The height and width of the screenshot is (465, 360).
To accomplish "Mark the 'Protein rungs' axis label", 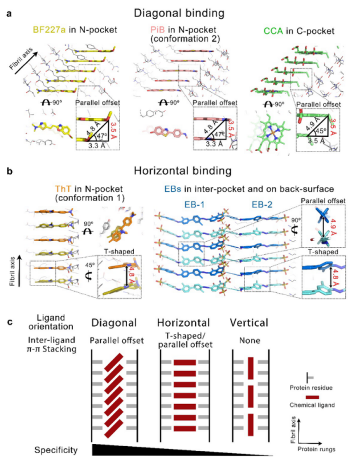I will coord(323,448).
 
